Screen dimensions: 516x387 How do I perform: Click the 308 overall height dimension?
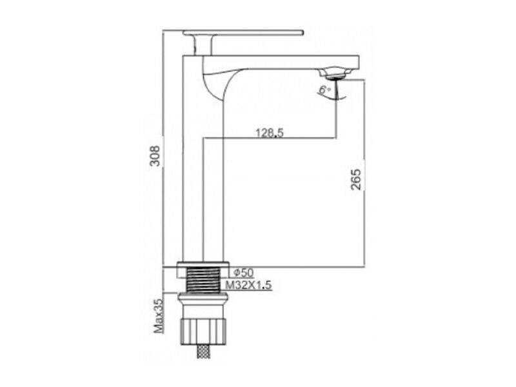[x=155, y=155]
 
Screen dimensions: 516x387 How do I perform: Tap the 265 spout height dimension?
[x=356, y=179]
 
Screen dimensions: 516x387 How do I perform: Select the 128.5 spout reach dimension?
[x=270, y=133]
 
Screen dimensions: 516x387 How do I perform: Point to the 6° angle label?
[x=325, y=89]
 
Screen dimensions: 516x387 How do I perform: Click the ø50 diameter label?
[x=244, y=273]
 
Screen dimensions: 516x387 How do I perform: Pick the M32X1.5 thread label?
[x=249, y=285]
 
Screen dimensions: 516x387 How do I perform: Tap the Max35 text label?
[x=159, y=316]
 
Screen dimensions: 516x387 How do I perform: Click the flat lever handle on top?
[x=243, y=33]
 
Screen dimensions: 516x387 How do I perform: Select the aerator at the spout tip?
[x=334, y=73]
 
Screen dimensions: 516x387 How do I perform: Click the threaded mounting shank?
[x=203, y=280]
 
